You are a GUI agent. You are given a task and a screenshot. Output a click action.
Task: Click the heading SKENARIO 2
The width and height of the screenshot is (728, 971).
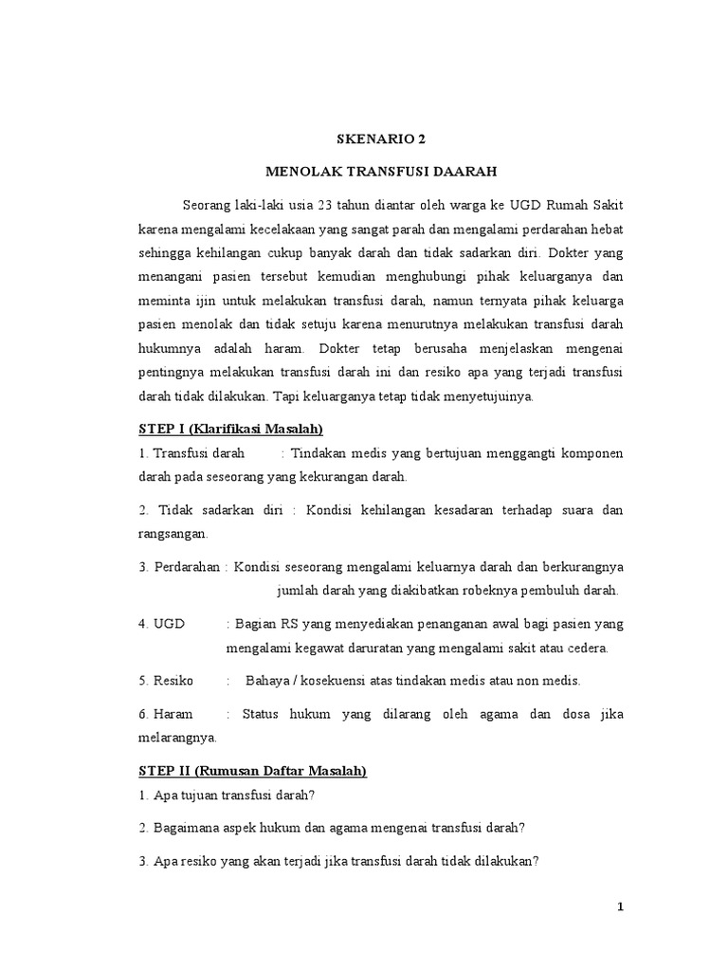382,139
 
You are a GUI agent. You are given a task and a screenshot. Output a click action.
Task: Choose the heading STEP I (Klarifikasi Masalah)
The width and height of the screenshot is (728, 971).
231,429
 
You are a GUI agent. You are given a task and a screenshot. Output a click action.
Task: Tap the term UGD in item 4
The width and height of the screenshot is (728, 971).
170,624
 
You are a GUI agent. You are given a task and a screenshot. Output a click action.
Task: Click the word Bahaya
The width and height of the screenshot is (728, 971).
267,680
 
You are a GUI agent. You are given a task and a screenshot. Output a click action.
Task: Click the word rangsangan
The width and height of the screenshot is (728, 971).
174,534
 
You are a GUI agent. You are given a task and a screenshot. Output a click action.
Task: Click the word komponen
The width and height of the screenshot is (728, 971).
591,452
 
